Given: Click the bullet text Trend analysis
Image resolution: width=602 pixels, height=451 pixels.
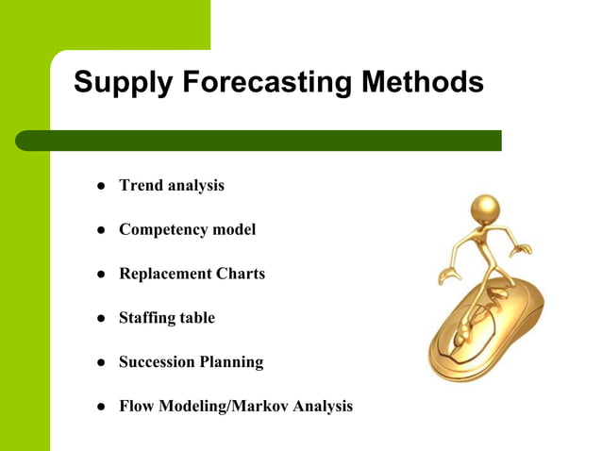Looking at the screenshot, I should (171, 185).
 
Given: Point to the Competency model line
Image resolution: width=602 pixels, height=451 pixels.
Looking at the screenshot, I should (187, 229).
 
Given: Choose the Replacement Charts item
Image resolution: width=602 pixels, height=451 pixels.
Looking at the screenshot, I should (192, 274).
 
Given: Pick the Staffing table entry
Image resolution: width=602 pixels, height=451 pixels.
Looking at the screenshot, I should (166, 318).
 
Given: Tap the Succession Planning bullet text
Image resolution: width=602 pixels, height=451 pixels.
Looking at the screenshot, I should (191, 362).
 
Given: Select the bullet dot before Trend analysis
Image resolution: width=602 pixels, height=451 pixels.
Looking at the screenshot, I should (98, 186).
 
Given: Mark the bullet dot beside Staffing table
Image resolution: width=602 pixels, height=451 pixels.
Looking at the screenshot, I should (98, 319).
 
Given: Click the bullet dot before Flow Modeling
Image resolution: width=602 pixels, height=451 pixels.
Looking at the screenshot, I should (98, 408).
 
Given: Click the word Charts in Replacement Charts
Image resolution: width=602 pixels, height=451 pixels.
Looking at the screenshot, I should (241, 274).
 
